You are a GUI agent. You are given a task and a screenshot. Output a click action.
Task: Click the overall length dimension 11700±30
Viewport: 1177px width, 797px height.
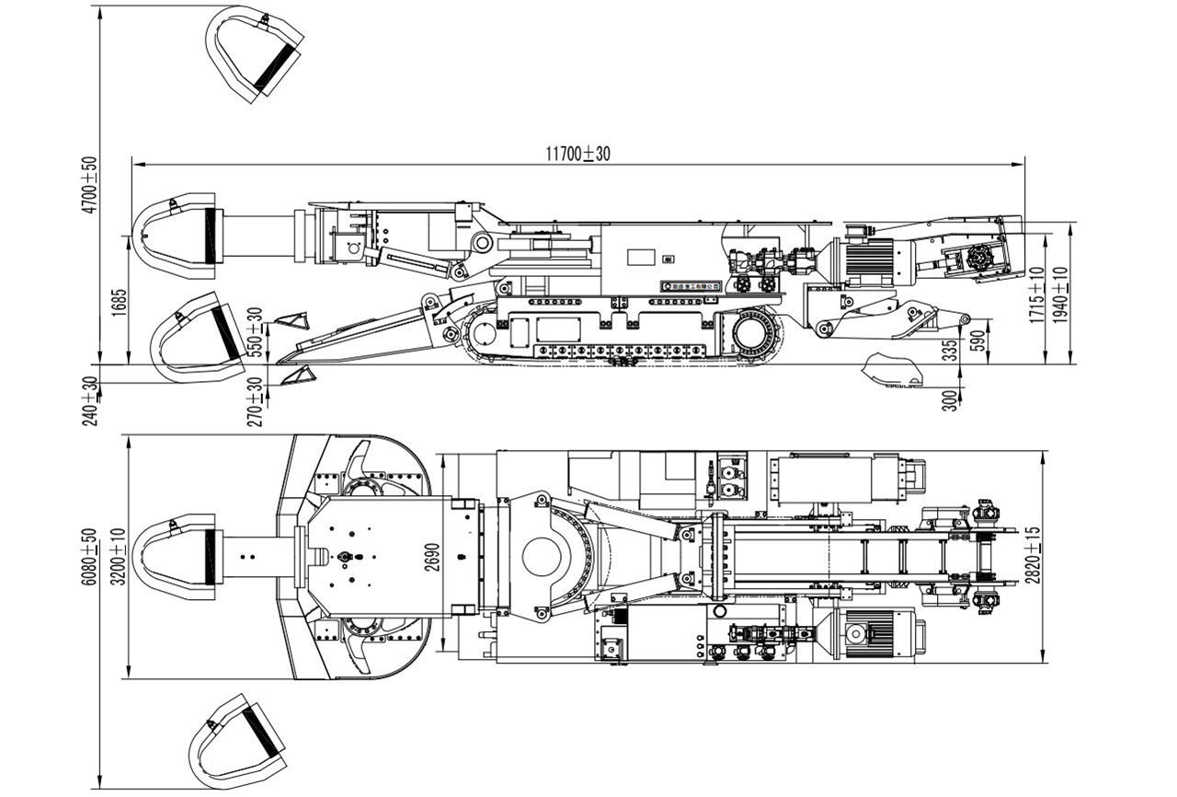(577, 154)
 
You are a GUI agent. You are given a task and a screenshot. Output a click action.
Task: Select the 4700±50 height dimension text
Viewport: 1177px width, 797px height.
(89, 184)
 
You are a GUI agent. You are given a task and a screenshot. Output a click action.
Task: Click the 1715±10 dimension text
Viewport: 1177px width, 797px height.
(1037, 295)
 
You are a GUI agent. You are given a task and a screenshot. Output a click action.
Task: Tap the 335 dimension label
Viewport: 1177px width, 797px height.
(950, 350)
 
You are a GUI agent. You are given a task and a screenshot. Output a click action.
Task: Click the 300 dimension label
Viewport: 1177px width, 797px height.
(950, 398)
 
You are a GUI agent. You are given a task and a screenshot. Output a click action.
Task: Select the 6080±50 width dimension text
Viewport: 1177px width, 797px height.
(89, 557)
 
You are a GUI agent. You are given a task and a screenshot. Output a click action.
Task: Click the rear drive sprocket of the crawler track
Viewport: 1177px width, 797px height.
(757, 335)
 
